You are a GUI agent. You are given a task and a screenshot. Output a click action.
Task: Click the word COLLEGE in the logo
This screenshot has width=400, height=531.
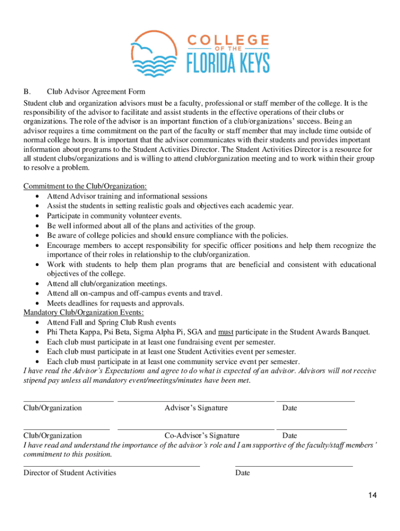(x=228, y=40)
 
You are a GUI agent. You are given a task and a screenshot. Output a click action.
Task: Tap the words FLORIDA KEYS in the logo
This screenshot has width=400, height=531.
(x=228, y=64)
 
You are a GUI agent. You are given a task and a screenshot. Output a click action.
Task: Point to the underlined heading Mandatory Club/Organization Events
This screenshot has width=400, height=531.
(x=84, y=312)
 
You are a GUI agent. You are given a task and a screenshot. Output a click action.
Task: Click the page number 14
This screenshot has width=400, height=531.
(x=372, y=495)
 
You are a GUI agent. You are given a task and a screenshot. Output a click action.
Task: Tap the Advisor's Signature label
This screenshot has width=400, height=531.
(x=196, y=408)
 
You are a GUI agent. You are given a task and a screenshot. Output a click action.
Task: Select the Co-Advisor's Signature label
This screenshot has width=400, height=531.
(x=202, y=436)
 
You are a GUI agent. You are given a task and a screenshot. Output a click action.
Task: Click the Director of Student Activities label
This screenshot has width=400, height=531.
(x=70, y=472)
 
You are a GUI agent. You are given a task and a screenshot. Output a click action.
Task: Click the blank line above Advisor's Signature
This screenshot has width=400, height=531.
(x=196, y=401)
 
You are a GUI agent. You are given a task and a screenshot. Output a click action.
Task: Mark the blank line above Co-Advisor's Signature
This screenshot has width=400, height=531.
(x=196, y=429)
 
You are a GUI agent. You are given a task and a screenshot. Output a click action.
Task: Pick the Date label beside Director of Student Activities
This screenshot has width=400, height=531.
(x=243, y=472)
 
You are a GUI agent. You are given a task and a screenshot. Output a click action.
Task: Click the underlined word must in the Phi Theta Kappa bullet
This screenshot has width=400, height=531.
(x=225, y=332)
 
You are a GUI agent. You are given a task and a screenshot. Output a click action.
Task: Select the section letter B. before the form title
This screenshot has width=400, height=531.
(x=26, y=91)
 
